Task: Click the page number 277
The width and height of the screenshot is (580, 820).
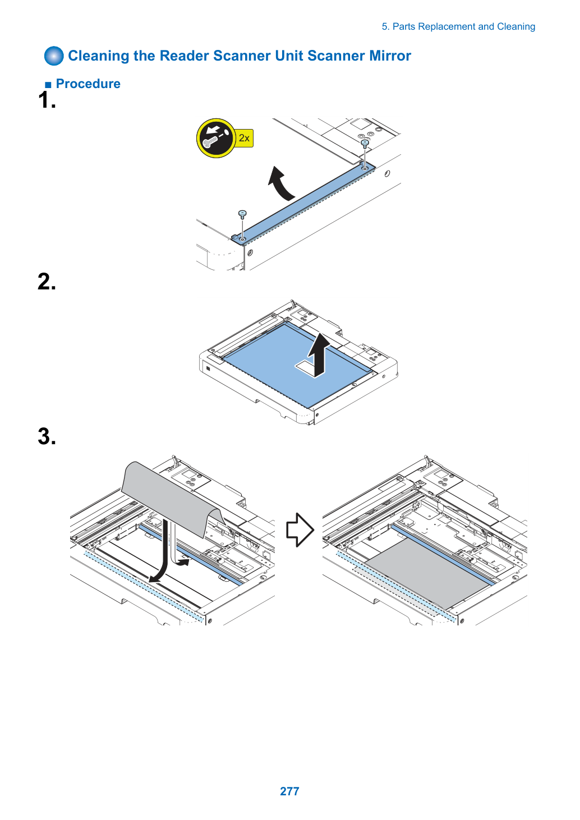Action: (x=289, y=791)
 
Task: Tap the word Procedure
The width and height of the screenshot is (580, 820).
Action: (x=88, y=84)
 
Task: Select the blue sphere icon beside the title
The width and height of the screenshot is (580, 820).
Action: (x=54, y=56)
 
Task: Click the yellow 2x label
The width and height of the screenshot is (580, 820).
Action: (x=244, y=138)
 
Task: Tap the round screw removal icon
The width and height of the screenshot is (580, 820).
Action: (x=216, y=138)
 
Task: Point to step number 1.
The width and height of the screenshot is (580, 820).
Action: (x=47, y=100)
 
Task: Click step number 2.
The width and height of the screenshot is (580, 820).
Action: (x=47, y=282)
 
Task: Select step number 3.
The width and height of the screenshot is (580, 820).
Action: (x=47, y=436)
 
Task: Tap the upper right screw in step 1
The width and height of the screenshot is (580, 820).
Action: (x=365, y=144)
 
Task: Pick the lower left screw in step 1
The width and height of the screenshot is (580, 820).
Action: (x=242, y=214)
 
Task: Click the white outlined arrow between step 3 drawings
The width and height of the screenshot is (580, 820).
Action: (x=300, y=529)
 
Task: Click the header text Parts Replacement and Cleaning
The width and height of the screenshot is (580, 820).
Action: (x=463, y=27)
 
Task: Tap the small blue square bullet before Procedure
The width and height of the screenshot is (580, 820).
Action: (x=48, y=85)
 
